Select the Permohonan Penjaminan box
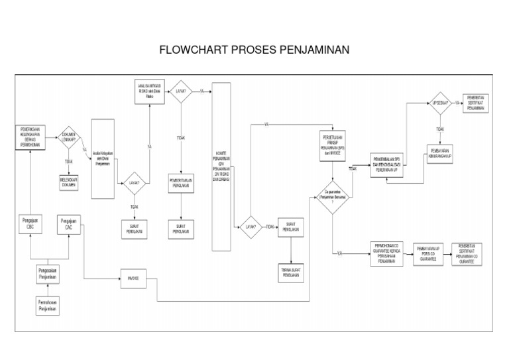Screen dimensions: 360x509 [x=46, y=306]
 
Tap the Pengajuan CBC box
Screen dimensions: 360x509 [x=30, y=223]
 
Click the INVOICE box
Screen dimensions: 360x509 [x=133, y=278]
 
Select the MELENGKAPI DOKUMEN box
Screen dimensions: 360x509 [x=68, y=182]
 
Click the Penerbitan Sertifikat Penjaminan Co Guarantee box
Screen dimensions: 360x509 [x=468, y=253]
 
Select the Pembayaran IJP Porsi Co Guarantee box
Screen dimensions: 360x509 [x=427, y=254]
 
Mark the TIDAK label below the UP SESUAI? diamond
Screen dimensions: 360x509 [x=440, y=129]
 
